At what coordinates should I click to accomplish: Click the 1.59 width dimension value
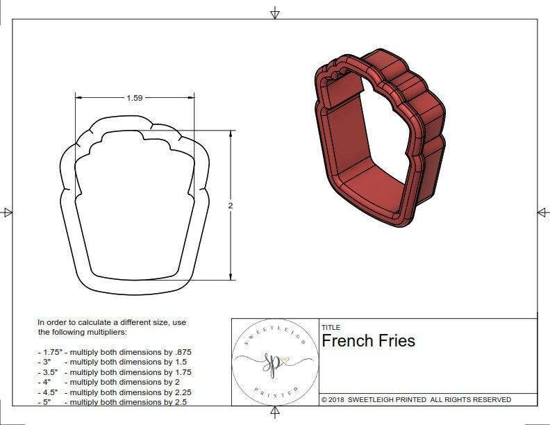pos(134,98)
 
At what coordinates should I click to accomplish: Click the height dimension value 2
pos(231,206)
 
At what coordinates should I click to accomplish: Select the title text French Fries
pos(368,341)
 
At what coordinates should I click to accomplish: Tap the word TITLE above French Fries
pos(331,328)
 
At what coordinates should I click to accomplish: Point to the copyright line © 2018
pos(416,399)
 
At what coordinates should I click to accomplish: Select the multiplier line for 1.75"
pos(115,352)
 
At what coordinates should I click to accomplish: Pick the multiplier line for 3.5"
pos(115,372)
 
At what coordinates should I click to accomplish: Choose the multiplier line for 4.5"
pos(115,392)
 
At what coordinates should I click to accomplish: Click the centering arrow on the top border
pos(275,12)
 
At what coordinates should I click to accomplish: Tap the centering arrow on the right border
pos(543,212)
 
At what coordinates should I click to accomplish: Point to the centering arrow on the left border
pos(7,212)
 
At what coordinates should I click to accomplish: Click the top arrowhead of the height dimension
pos(231,134)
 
